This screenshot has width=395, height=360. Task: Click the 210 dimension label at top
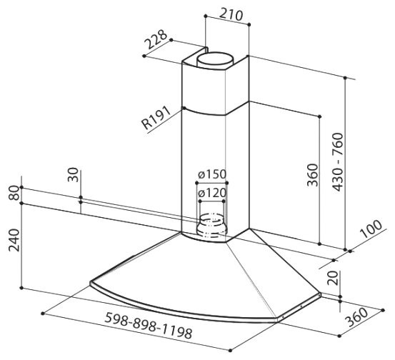tap(231, 15)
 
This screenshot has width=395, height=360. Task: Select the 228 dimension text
tap(156, 40)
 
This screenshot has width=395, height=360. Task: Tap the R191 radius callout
tap(156, 118)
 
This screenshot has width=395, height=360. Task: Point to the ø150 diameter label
tap(212, 174)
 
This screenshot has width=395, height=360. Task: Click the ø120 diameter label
tap(212, 194)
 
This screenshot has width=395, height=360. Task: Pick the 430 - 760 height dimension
tap(338, 161)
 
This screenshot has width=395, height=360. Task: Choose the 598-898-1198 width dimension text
tap(149, 325)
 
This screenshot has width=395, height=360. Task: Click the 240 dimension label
tap(14, 240)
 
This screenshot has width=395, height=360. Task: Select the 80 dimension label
tap(14, 193)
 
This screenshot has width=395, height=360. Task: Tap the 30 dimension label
tap(73, 174)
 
